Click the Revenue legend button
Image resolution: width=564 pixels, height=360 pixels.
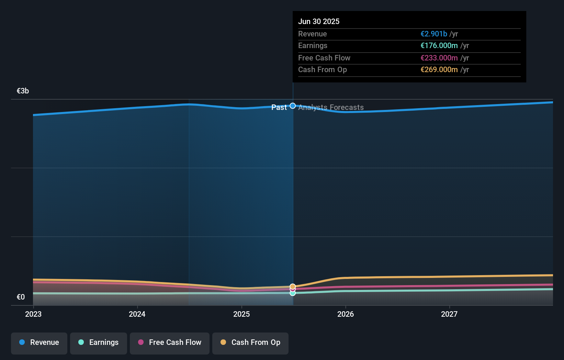coord(39,342)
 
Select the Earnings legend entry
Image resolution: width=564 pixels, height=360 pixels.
coord(99,342)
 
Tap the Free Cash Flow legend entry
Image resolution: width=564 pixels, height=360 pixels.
coord(170,342)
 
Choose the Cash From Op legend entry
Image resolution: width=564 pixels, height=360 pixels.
coord(250,342)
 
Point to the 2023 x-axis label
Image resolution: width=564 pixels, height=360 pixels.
coord(33,314)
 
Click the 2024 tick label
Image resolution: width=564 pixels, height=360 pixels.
coord(137,314)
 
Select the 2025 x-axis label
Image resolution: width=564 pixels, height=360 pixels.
coord(241,314)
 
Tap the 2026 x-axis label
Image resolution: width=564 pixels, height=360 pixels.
coord(346,314)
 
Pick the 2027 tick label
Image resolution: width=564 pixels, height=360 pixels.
coord(449,314)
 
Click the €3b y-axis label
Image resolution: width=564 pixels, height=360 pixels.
coord(23,91)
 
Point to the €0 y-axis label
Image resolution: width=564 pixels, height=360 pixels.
coord(21,297)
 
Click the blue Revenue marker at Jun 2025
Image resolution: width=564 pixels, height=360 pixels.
coord(293,106)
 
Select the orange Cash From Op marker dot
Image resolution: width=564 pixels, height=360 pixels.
coord(293,286)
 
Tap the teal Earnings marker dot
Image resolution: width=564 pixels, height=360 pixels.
coord(293,293)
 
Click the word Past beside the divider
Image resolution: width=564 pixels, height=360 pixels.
coord(279,108)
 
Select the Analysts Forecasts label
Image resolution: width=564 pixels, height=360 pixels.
coord(331,108)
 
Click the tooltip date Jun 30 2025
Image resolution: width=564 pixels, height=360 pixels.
coord(319,21)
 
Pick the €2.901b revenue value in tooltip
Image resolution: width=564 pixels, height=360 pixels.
coord(434,34)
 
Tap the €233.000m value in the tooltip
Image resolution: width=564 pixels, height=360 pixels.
coord(439,58)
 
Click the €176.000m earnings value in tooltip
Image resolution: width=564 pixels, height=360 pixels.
coord(439,46)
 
